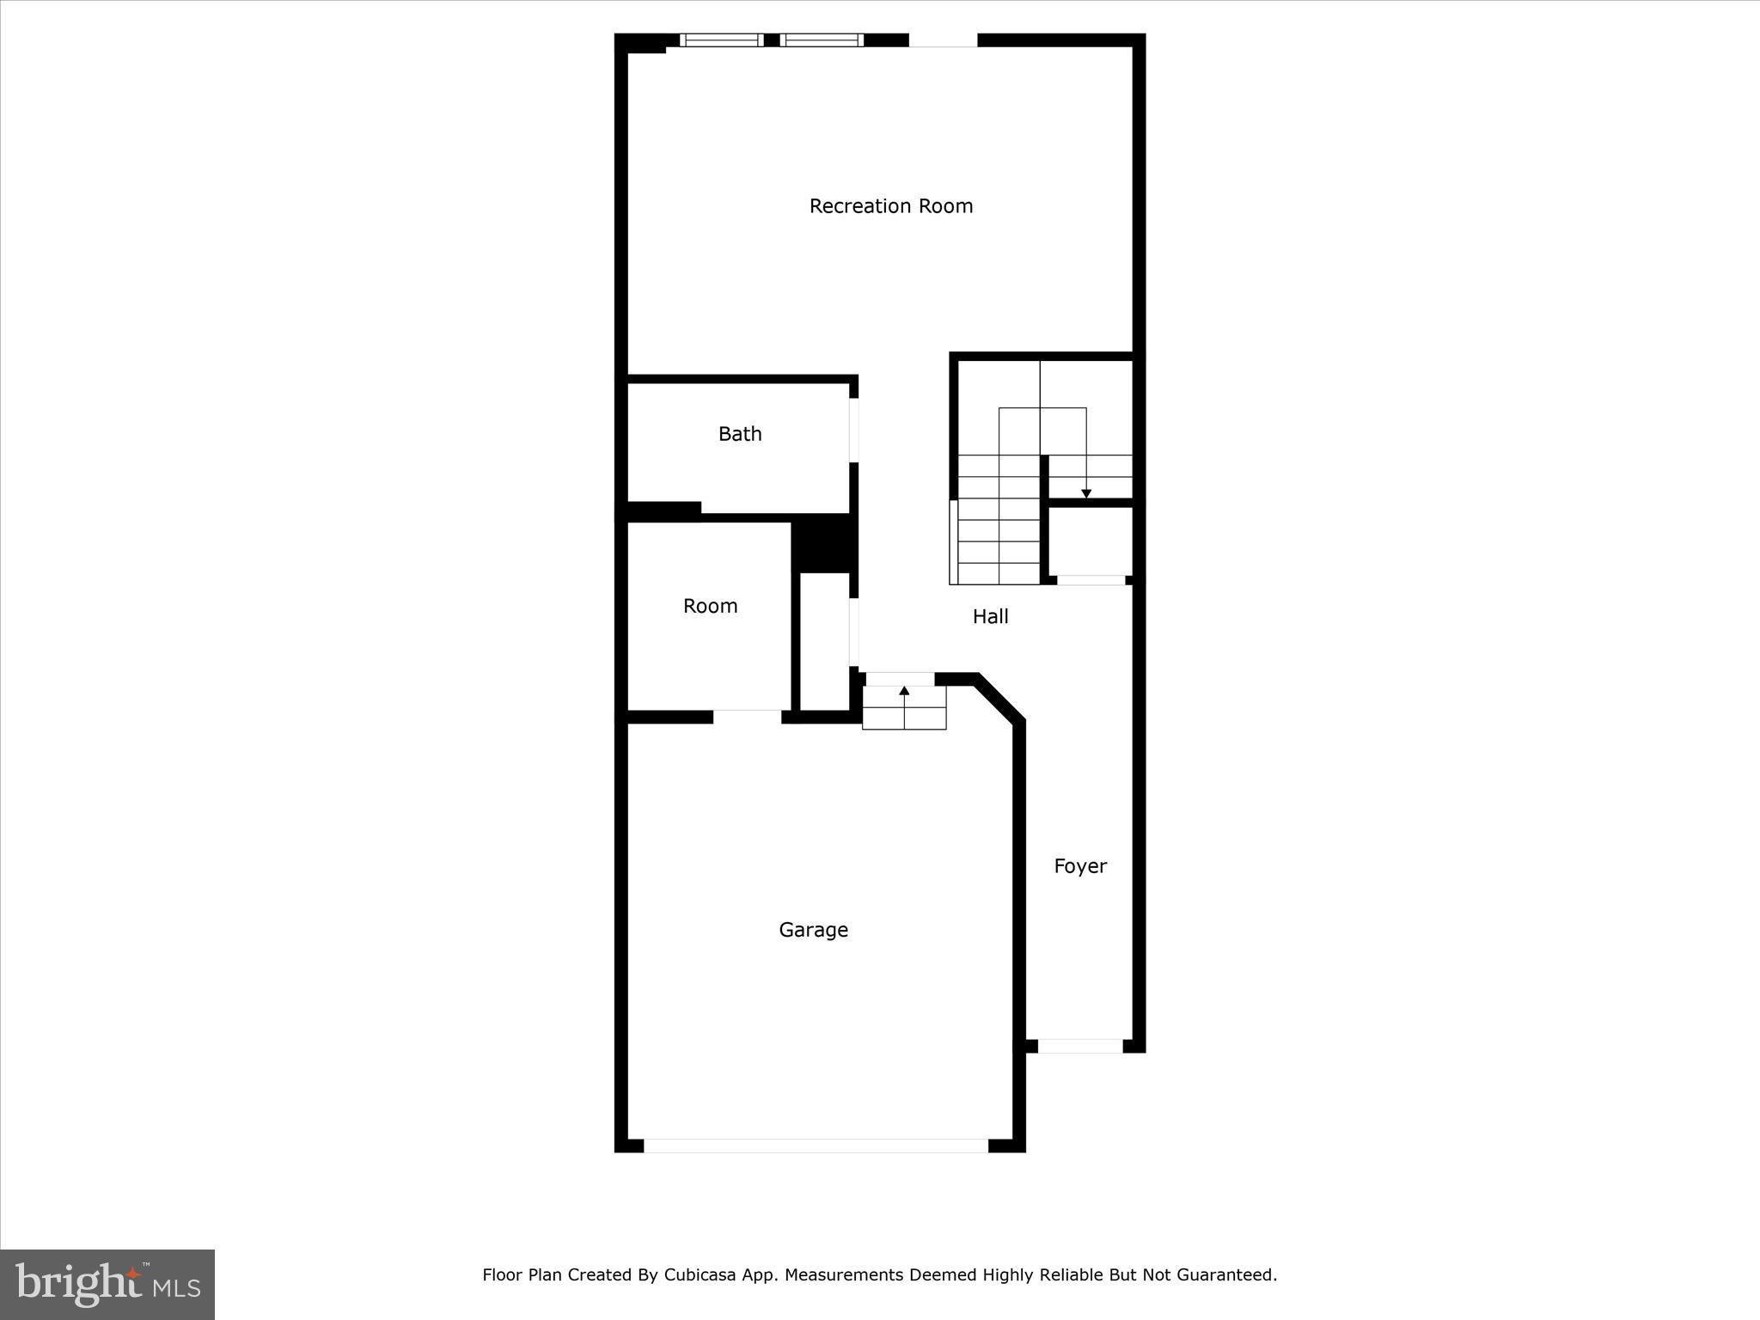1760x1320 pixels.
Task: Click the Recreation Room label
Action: click(890, 206)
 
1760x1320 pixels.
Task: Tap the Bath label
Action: click(740, 434)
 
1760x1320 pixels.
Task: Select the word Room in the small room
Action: click(710, 606)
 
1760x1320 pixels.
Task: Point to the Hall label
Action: click(990, 616)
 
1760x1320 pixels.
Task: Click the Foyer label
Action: click(1080, 866)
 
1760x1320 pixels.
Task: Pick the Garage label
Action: click(813, 930)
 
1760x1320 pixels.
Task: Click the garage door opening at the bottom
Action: click(816, 1146)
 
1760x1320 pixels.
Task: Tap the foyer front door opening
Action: click(1080, 1046)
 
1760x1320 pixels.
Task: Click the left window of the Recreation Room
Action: click(721, 40)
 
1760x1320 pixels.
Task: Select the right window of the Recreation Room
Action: click(822, 40)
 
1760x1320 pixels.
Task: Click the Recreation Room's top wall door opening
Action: click(943, 40)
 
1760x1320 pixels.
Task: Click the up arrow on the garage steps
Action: click(904, 691)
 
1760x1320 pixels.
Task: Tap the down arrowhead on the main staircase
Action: click(1086, 493)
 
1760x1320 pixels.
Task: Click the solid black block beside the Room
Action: click(823, 543)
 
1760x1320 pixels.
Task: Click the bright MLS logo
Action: click(107, 1285)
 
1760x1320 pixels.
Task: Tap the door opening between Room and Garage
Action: click(747, 717)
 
